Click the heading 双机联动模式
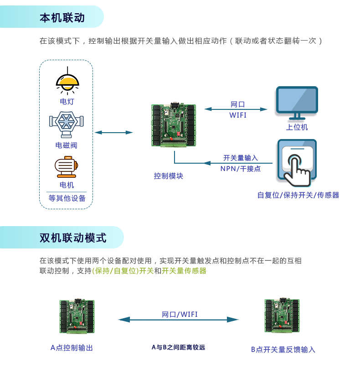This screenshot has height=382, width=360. click(x=73, y=237)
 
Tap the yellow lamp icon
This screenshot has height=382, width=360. click(x=67, y=83)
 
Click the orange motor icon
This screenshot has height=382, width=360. click(x=67, y=167)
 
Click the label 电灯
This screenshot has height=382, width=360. click(x=67, y=101)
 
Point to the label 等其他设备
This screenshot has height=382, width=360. click(x=67, y=198)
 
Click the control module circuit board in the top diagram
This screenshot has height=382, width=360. click(x=173, y=125)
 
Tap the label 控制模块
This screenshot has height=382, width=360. click(x=168, y=176)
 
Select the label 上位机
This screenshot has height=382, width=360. click(x=297, y=127)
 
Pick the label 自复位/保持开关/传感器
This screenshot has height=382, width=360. click(x=298, y=195)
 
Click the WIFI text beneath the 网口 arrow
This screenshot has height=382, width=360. click(x=237, y=115)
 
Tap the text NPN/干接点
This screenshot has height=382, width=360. click(x=240, y=169)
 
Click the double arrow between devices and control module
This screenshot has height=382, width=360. click(x=113, y=133)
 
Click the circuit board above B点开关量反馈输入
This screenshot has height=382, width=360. click(x=282, y=315)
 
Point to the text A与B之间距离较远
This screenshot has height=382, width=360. click(x=178, y=347)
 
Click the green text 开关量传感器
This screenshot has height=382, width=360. click(x=184, y=271)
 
